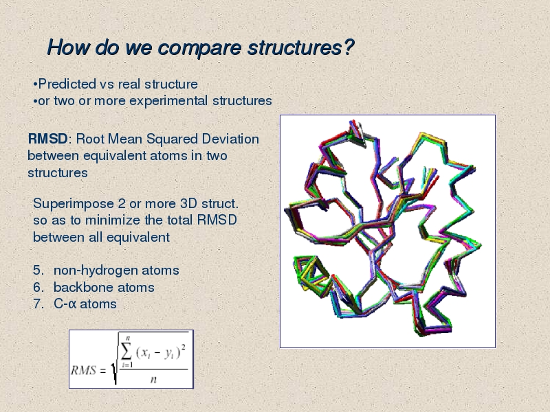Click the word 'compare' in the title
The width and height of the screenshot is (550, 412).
tap(199, 48)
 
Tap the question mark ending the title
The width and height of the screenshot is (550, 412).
tap(349, 47)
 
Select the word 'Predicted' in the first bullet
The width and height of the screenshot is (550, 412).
tap(67, 84)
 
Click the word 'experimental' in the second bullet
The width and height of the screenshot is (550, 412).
tap(168, 101)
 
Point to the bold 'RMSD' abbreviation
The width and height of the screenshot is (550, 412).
tap(47, 139)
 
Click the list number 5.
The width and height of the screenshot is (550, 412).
tap(38, 270)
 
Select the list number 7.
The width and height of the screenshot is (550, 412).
tap(38, 304)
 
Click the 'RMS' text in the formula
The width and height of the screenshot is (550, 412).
tap(83, 370)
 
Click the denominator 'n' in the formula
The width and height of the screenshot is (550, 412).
tap(153, 380)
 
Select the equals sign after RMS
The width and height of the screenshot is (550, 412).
tap(102, 371)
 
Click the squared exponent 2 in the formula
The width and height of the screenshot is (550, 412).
tap(184, 347)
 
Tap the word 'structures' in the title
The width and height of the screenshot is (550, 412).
tap(295, 47)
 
